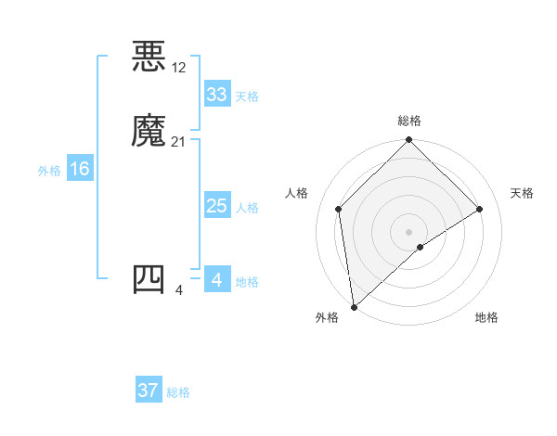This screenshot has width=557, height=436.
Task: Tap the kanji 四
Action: tap(149, 279)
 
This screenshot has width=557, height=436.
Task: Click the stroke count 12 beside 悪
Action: tap(178, 67)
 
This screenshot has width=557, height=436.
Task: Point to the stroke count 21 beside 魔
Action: tap(178, 142)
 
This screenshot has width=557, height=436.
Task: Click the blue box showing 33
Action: tap(217, 95)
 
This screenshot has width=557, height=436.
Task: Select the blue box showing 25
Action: tap(217, 206)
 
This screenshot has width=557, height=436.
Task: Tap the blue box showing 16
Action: tap(79, 169)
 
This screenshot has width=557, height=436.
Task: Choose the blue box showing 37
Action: tap(149, 391)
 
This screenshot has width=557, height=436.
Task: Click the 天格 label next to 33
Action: tap(247, 96)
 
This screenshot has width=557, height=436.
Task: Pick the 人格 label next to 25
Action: tap(247, 208)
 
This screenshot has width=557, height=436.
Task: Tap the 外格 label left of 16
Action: tap(49, 171)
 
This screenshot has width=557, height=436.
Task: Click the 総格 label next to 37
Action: tap(178, 392)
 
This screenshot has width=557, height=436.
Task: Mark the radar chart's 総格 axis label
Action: tap(409, 121)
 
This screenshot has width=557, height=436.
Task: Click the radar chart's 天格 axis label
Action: tap(522, 193)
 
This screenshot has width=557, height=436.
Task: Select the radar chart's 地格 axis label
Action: tap(486, 317)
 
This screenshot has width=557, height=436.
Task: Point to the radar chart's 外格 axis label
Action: tap(327, 317)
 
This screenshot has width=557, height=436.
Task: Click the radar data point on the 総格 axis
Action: tap(409, 140)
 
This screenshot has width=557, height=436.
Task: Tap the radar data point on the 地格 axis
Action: tap(421, 247)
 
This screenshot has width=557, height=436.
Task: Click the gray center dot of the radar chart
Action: tap(409, 231)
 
